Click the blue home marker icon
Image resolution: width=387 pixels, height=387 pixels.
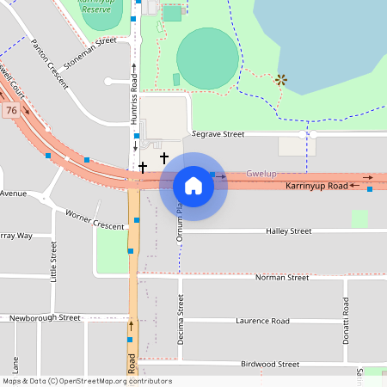(193, 186)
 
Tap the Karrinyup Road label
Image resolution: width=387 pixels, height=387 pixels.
(316, 186)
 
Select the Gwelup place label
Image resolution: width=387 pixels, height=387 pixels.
(261, 174)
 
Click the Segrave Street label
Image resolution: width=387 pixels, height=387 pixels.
(218, 134)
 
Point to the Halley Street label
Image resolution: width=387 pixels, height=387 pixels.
(288, 231)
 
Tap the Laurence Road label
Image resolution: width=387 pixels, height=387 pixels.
(262, 321)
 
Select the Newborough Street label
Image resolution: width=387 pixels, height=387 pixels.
(45, 317)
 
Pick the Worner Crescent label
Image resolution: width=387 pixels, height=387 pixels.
(95, 219)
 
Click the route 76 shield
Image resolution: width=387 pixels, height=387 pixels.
(10, 111)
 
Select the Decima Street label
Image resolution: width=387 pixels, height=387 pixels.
(181, 319)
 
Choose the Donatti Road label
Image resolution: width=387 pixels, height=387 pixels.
(347, 319)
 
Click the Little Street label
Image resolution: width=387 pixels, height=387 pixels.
(53, 262)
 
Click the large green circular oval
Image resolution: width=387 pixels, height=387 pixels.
(207, 58)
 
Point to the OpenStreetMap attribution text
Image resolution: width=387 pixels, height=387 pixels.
(87, 381)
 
